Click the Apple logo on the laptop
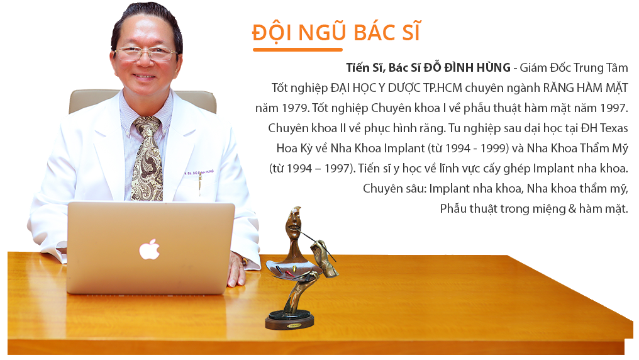point(150,249)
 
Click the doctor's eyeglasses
point(145,53)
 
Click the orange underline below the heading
point(297,50)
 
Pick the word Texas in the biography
point(614,128)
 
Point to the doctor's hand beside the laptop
point(237,269)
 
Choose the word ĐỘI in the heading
point(272,33)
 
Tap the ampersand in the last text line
point(572,209)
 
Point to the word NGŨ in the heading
point(323,32)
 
